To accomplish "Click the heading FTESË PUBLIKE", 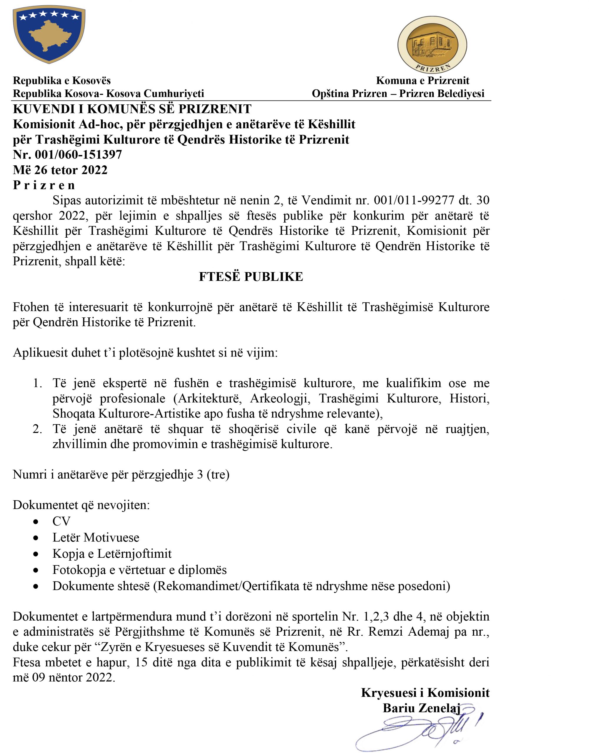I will point(251,277).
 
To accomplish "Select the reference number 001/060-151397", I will point(78,154).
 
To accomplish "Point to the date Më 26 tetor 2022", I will point(60,170).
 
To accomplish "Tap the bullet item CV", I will point(61,521).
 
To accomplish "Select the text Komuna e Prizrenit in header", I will point(422,81).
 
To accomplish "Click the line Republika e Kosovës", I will point(62,81).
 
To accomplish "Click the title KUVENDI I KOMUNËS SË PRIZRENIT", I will point(132,109).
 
